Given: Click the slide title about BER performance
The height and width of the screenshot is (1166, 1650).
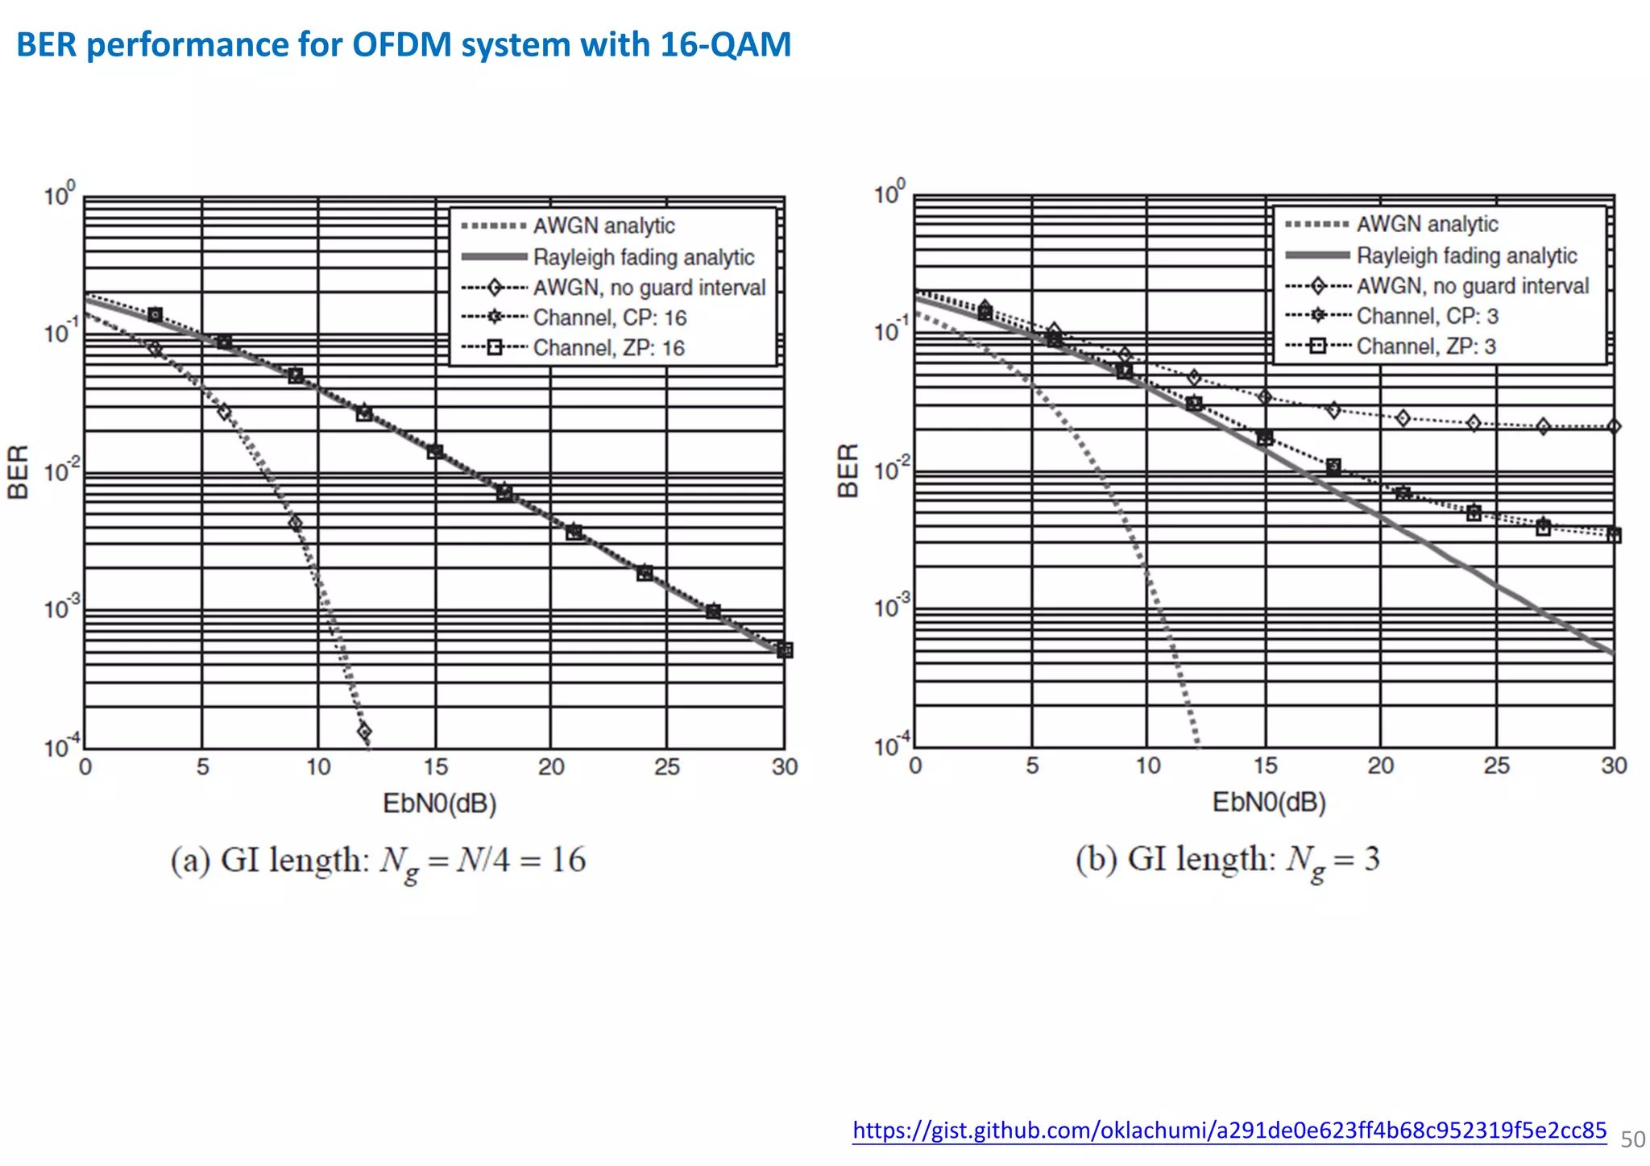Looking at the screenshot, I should point(403,44).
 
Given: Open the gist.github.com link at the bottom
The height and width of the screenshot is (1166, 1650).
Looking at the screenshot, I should point(1229,1130).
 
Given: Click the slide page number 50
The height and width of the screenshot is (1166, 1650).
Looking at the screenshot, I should point(1632,1139).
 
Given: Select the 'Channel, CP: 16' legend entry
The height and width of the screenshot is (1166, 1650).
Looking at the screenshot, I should point(609,318).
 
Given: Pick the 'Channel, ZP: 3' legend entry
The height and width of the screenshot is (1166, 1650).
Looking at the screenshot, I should point(1425,346).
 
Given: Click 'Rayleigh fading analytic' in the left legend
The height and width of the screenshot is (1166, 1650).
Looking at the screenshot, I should point(643,257).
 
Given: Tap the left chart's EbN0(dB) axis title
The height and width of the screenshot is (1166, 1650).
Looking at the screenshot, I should point(439,803).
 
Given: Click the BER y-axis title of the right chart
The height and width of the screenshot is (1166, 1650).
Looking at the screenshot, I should point(848,471).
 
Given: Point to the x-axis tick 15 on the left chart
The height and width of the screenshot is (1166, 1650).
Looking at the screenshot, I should point(435,766).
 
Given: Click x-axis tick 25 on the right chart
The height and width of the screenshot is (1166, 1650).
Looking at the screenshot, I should point(1496,766).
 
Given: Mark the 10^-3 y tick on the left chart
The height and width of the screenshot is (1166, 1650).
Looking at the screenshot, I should point(61,608).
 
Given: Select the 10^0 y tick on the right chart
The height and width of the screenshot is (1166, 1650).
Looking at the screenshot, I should point(889,194).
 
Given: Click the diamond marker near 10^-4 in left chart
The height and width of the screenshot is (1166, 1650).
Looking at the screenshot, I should point(364,732).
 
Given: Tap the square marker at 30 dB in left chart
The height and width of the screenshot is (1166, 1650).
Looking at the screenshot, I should point(785,649).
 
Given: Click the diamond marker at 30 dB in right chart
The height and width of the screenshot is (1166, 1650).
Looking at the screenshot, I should point(1613,426).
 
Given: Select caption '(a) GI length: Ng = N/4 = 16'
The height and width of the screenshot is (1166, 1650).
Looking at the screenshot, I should point(378,861).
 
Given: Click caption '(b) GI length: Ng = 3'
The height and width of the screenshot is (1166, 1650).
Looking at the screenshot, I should point(1227,859).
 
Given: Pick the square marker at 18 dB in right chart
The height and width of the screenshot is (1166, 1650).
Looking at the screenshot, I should point(1333,467).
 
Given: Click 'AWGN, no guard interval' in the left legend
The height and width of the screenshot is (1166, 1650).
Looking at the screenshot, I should point(649,288).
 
